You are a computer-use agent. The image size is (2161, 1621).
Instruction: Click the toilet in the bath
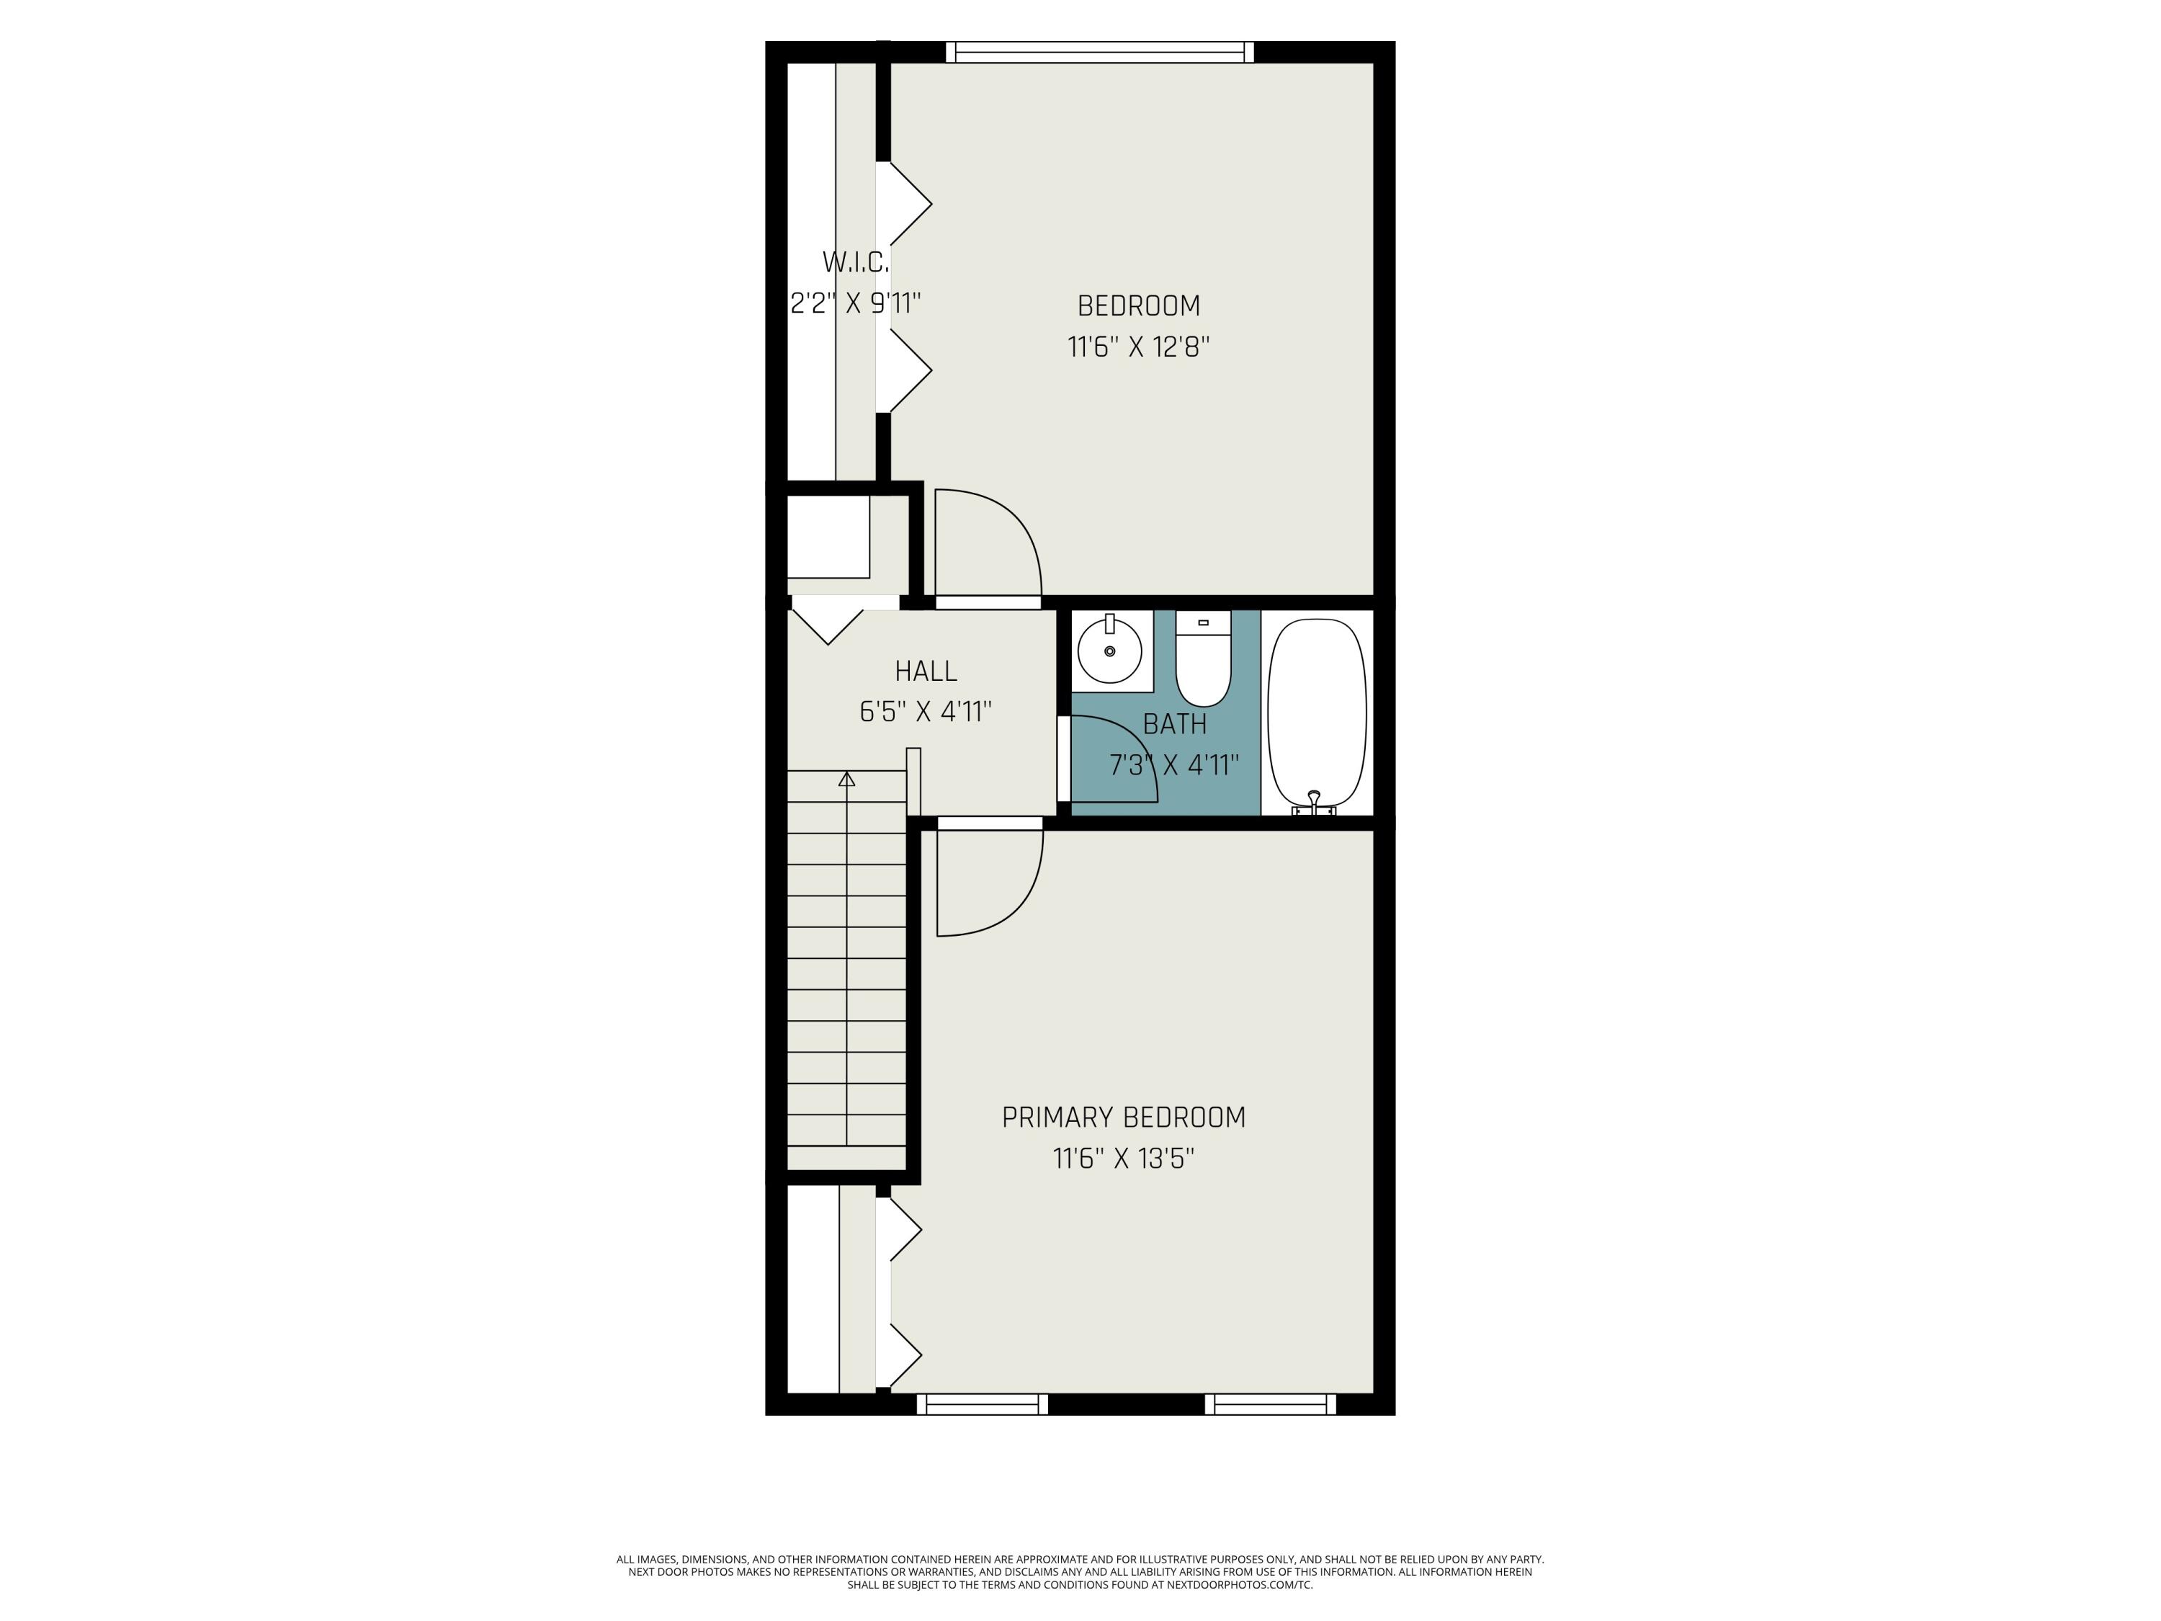pyautogui.click(x=1203, y=659)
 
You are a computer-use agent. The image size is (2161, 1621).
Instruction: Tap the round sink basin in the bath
pyautogui.click(x=1110, y=650)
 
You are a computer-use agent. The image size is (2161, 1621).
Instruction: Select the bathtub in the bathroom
pyautogui.click(x=1316, y=710)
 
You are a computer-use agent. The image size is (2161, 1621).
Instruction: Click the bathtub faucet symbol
pyautogui.click(x=1314, y=803)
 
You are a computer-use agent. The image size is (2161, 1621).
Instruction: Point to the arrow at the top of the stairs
pyautogui.click(x=847, y=779)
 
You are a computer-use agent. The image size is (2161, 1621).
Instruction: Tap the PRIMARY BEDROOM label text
pyautogui.click(x=1124, y=1117)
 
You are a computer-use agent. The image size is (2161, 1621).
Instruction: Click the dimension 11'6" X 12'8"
pyautogui.click(x=1138, y=347)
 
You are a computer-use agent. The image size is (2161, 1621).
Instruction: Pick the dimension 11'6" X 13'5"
pyautogui.click(x=1124, y=1158)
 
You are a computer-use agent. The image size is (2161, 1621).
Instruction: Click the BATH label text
pyautogui.click(x=1174, y=724)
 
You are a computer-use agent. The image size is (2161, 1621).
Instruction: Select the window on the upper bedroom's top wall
pyautogui.click(x=1099, y=52)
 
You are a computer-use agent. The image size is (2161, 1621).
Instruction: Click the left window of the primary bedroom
pyautogui.click(x=982, y=1404)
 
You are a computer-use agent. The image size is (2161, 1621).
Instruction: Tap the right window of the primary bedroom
pyautogui.click(x=1270, y=1404)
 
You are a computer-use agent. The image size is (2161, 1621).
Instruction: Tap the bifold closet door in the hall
pyautogui.click(x=828, y=625)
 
